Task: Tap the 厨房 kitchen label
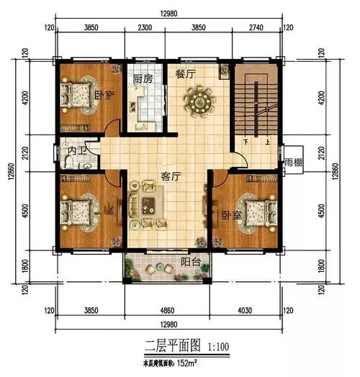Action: click(x=143, y=78)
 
